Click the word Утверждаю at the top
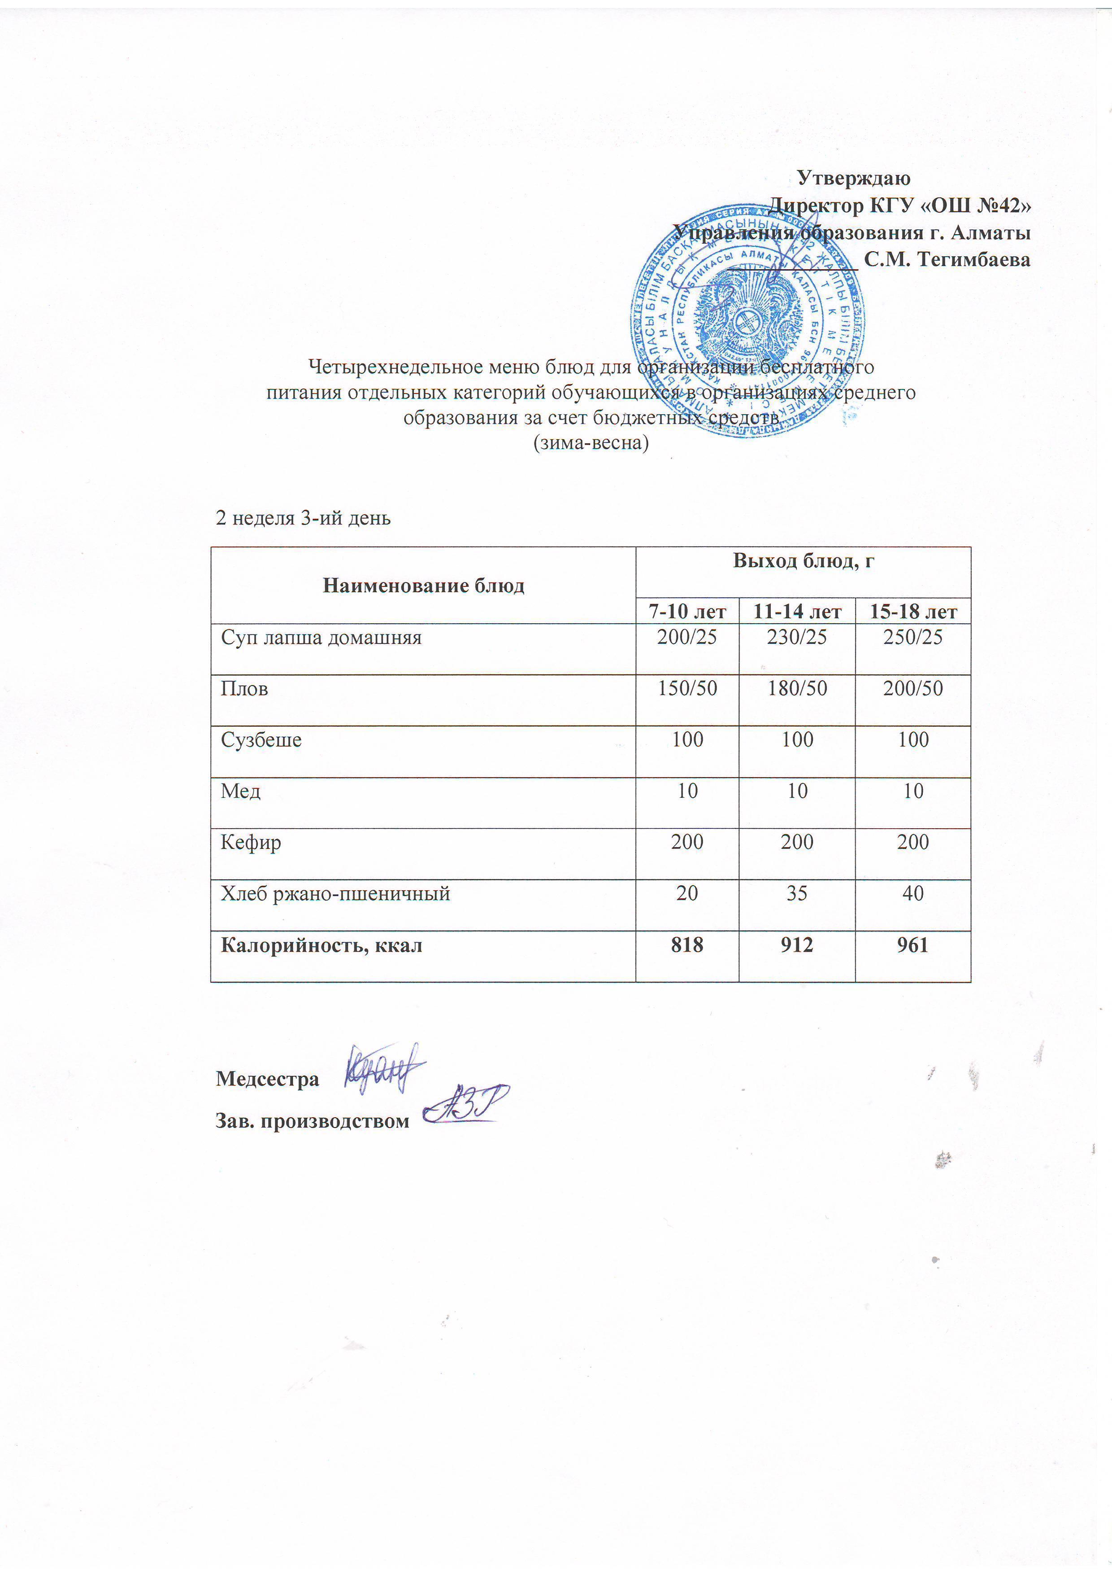pyautogui.click(x=854, y=178)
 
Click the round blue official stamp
pyautogui.click(x=747, y=321)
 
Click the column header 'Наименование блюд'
pyautogui.click(x=423, y=586)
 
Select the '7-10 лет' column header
pyautogui.click(x=687, y=611)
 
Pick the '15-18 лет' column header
pyautogui.click(x=913, y=611)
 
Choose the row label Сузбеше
pyautogui.click(x=261, y=740)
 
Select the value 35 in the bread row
pyautogui.click(x=797, y=893)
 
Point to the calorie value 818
pyautogui.click(x=687, y=945)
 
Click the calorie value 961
pyautogui.click(x=913, y=945)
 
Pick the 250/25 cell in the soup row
pyautogui.click(x=913, y=638)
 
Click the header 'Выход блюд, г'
pyautogui.click(x=804, y=561)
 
